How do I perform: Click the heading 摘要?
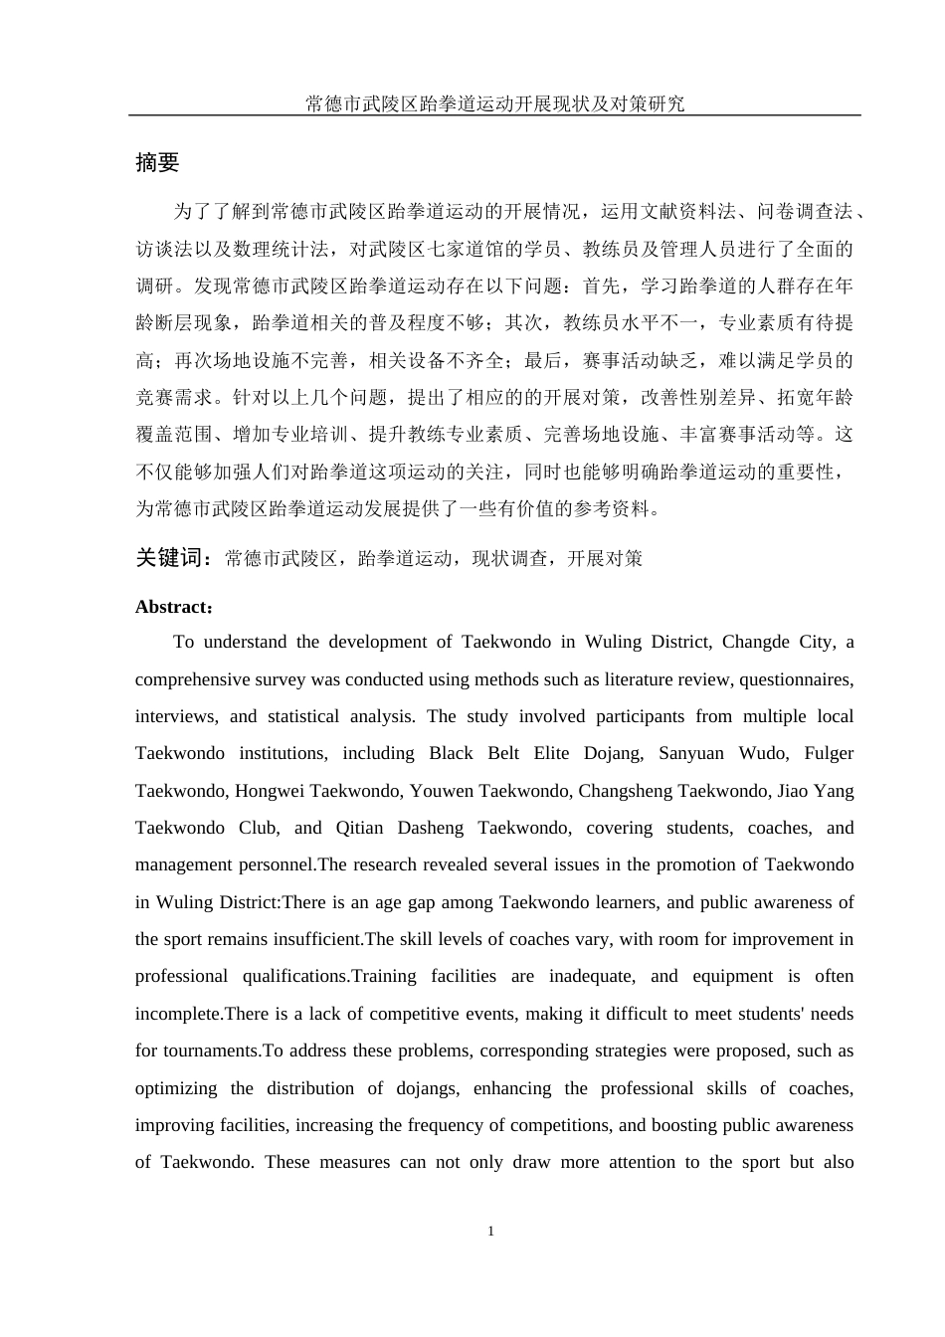tap(157, 163)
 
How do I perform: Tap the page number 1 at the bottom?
tap(490, 1232)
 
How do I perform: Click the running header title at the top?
tap(494, 103)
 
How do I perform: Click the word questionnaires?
tap(801, 679)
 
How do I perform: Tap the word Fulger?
tap(829, 753)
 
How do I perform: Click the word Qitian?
tap(359, 828)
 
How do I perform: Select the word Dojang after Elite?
tap(611, 753)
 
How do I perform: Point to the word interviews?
tap(175, 716)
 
